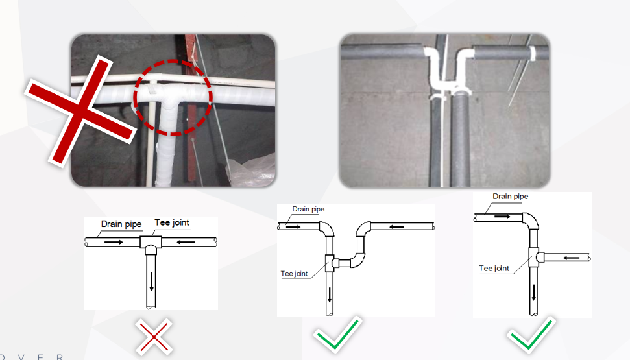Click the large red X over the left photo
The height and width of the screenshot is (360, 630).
point(80,112)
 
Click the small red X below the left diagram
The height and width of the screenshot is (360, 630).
point(154,337)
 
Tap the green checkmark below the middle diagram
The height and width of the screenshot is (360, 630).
point(337,333)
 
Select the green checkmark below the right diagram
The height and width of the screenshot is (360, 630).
point(531,334)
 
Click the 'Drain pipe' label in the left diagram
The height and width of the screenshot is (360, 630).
point(121,224)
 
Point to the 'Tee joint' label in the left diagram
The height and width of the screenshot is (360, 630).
point(171,222)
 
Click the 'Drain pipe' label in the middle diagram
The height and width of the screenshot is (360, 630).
point(308,209)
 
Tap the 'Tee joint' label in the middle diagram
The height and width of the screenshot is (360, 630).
point(294,274)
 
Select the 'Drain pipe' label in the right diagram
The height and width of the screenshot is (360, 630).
point(510,197)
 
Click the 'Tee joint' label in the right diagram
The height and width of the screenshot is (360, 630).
point(494,269)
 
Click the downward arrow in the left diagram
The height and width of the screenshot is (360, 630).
point(151,282)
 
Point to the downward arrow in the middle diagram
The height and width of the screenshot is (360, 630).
point(330,295)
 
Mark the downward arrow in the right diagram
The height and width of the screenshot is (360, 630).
point(533,292)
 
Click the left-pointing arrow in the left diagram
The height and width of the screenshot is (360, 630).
point(186,242)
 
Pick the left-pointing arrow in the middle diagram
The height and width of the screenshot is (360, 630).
point(396,227)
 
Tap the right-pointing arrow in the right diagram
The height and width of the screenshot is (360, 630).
point(502,217)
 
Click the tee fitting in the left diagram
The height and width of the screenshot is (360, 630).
point(151,245)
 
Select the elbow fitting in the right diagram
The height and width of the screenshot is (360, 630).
point(530,221)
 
